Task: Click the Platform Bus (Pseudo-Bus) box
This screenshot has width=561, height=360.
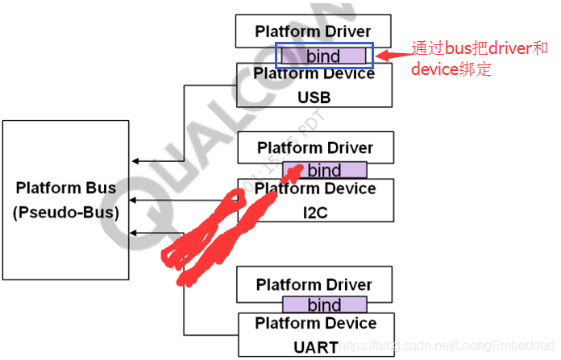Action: click(65, 200)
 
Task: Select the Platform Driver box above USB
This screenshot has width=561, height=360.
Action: click(314, 31)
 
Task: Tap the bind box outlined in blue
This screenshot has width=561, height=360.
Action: click(322, 56)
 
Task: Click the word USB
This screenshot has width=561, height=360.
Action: click(314, 97)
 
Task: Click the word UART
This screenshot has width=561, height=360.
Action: click(314, 347)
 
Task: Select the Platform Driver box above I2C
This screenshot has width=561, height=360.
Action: click(315, 148)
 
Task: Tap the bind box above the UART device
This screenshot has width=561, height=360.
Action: click(324, 305)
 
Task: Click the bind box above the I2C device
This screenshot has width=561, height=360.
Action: click(324, 170)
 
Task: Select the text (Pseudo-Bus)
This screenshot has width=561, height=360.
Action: click(65, 213)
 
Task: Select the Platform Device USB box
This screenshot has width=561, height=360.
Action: click(314, 85)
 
